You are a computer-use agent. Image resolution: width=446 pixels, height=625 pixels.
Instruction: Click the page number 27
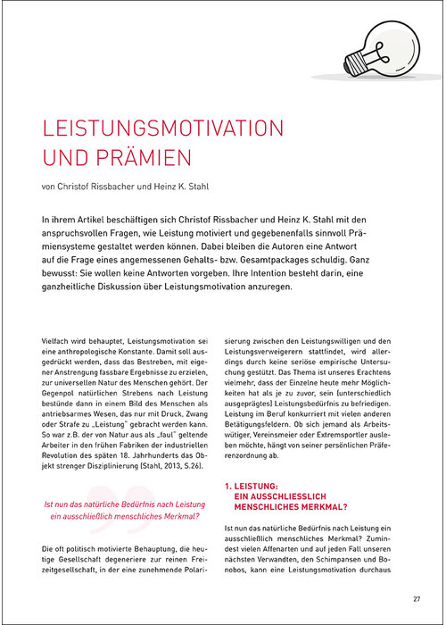(417, 599)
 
